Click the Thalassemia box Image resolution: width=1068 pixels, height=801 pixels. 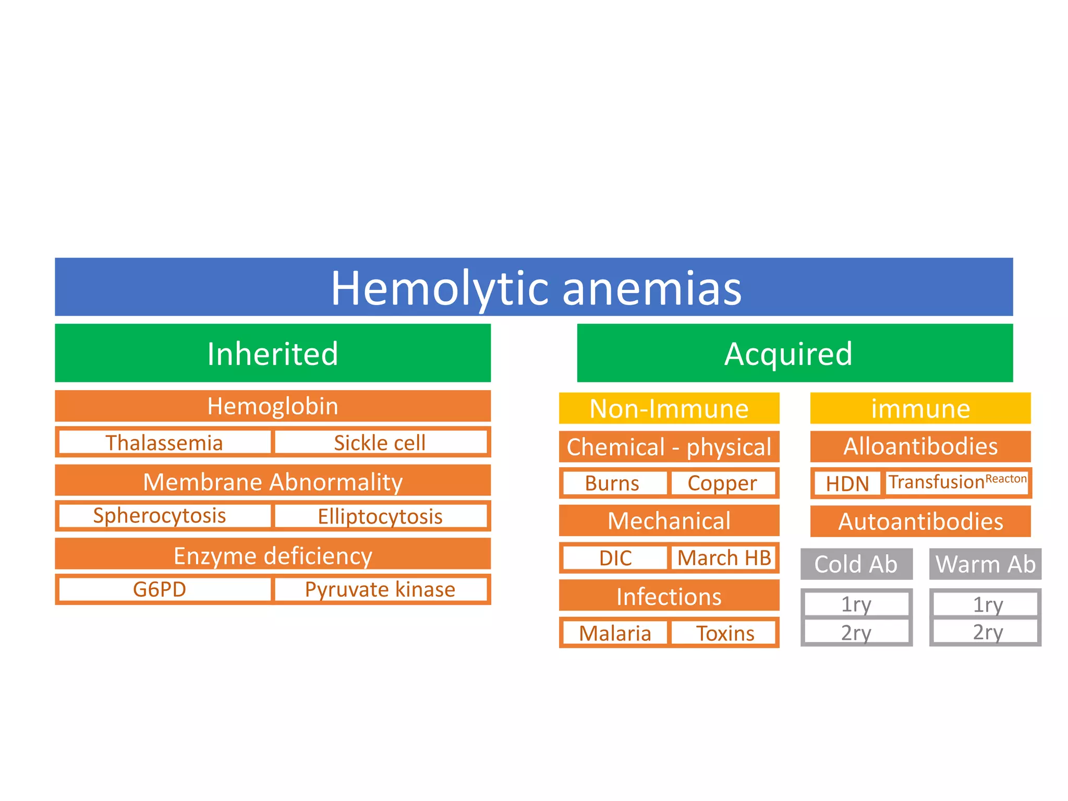[164, 443]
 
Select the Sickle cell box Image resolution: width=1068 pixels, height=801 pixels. [380, 443]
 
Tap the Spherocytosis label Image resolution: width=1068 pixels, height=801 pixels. [160, 516]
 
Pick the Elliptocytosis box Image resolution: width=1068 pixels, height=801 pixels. [380, 516]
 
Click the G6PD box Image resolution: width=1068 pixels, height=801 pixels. [160, 589]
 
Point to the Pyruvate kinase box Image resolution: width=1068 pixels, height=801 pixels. [380, 589]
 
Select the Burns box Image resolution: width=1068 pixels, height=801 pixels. [612, 483]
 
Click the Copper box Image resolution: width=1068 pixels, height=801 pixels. [722, 483]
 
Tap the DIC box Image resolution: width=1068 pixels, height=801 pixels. [615, 558]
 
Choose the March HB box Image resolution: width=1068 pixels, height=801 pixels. [724, 558]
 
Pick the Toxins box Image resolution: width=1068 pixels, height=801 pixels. [725, 633]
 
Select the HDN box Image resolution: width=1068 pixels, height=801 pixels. [847, 483]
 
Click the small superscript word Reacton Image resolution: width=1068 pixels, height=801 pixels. [1006, 479]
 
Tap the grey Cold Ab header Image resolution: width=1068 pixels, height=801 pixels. [856, 564]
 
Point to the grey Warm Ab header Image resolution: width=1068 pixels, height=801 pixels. [985, 564]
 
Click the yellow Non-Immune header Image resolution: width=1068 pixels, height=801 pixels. [669, 408]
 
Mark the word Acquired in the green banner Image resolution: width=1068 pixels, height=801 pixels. [788, 354]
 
